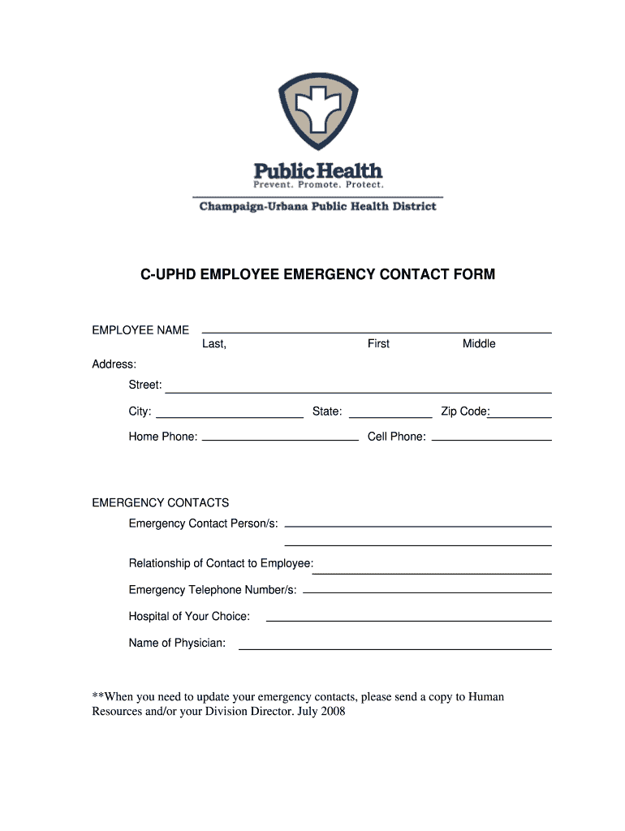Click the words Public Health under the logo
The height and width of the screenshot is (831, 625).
[x=317, y=170]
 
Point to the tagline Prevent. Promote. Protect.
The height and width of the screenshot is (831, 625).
[x=317, y=185]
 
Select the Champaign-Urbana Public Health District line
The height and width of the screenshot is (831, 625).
[x=317, y=206]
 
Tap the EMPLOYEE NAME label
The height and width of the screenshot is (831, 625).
[x=140, y=329]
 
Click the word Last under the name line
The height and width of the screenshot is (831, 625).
[x=213, y=344]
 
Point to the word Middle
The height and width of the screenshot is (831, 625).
[x=479, y=344]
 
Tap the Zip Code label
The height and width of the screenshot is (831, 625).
[x=463, y=411]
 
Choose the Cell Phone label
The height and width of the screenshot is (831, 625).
[x=396, y=437]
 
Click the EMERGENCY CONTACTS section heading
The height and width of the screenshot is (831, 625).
[x=161, y=502]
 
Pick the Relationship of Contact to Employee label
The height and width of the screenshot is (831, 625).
[x=221, y=563]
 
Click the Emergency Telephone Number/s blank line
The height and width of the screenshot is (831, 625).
[x=427, y=592]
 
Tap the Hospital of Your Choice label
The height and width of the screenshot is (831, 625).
[x=189, y=617]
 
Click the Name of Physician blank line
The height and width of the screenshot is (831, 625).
[x=394, y=648]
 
